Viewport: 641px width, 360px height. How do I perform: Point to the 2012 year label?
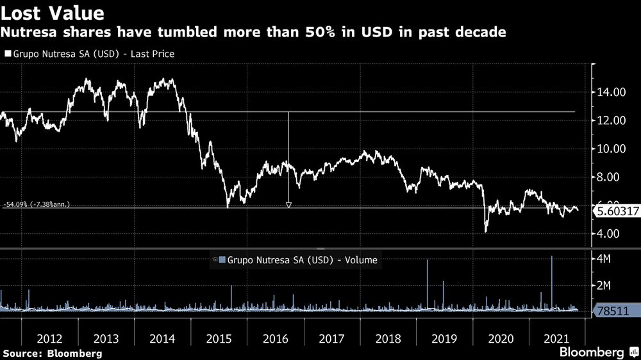pyautogui.click(x=49, y=338)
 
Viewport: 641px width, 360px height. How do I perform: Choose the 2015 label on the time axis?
pyautogui.click(x=219, y=338)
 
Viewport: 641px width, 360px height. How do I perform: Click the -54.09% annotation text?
pyautogui.click(x=36, y=205)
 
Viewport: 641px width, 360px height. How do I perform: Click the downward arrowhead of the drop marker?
pyautogui.click(x=288, y=204)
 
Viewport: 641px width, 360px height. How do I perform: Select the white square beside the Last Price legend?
pyautogui.click(x=7, y=54)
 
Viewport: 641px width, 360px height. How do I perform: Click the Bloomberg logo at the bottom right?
pyautogui.click(x=597, y=352)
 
